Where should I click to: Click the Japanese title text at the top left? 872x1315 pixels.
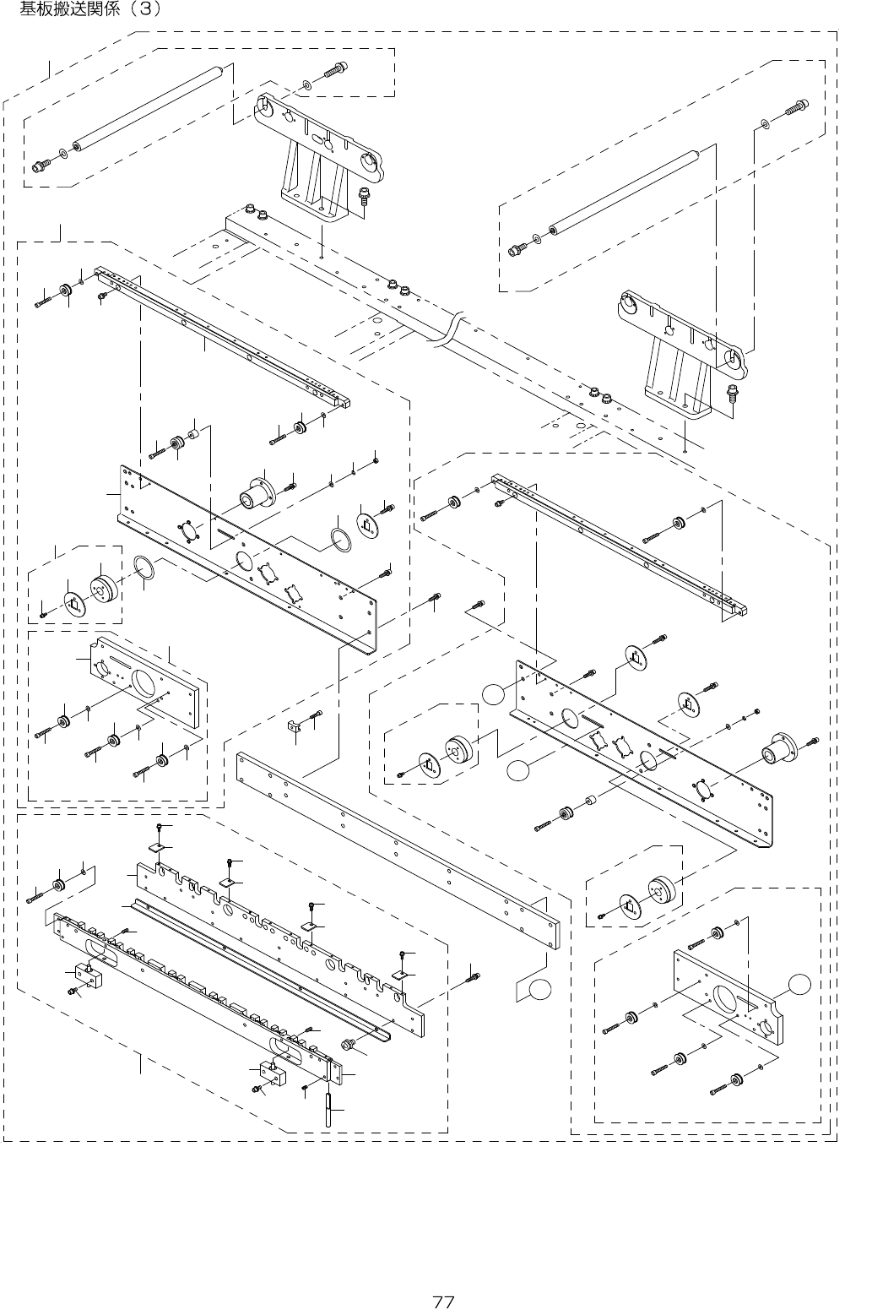coord(84,10)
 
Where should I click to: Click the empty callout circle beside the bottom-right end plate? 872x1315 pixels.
coord(799,981)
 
